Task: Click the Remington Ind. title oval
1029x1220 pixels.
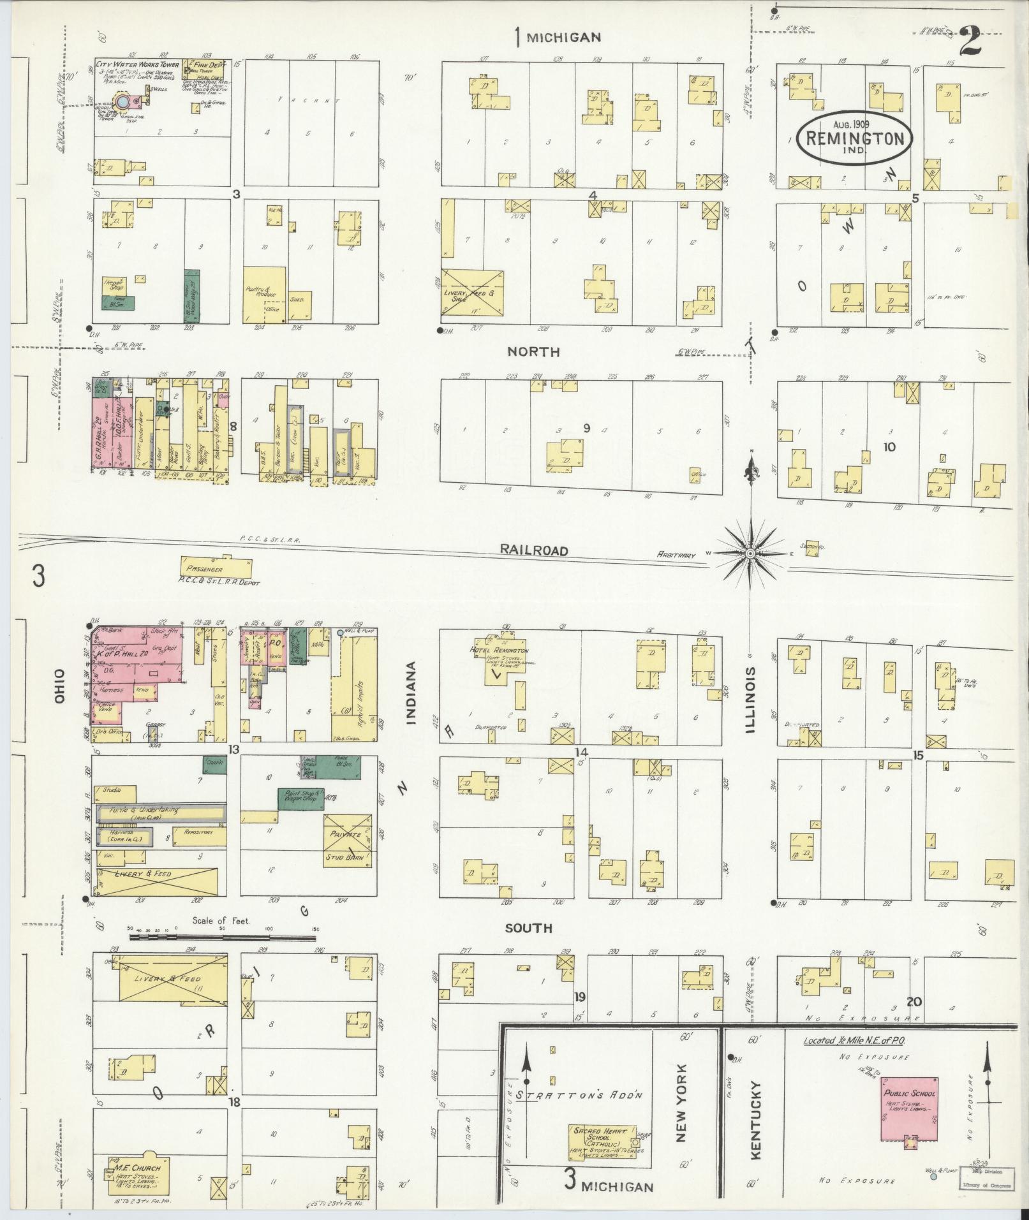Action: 854,138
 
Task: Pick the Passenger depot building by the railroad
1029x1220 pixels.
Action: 216,566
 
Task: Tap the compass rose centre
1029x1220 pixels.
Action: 751,554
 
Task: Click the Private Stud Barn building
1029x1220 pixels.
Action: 347,839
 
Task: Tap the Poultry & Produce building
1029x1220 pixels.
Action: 265,293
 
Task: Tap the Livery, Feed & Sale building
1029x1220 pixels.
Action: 473,292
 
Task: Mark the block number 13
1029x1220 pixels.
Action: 234,750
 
